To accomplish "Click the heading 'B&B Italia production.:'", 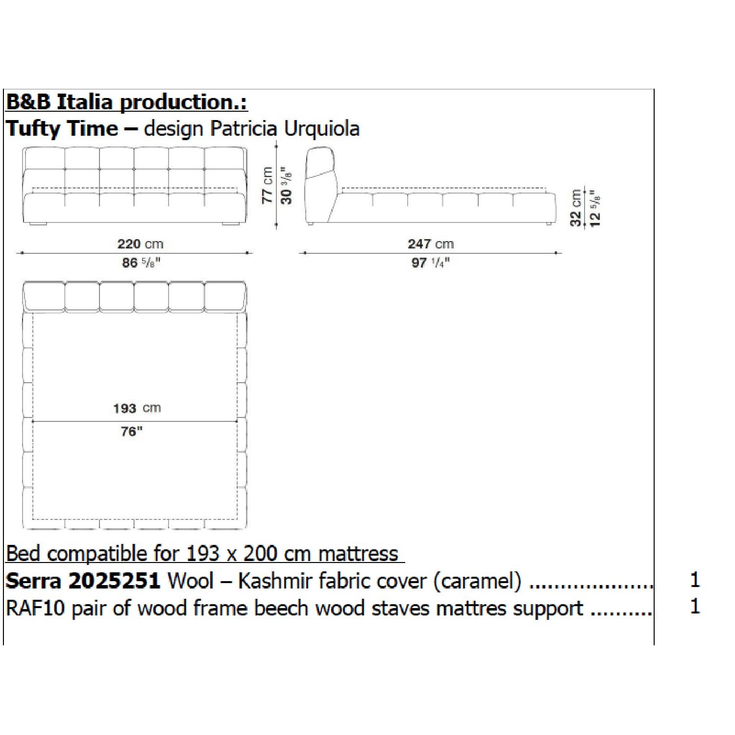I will [126, 102].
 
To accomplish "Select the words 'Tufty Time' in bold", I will [62, 129].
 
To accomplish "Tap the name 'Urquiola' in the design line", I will [322, 129].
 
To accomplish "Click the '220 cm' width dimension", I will [140, 244].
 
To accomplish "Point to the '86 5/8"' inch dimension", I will [141, 263].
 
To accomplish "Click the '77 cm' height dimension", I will [267, 185].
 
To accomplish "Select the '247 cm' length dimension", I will [430, 244].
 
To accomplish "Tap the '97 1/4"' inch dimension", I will [430, 263].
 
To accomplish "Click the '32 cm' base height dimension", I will [576, 208].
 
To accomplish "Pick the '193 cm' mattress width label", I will [137, 408].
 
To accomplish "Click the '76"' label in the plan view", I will [131, 432].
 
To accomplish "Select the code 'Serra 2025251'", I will [83, 581].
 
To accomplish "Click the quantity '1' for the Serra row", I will [694, 580].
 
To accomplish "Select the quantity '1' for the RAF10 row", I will [694, 607].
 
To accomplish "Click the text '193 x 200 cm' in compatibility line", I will [248, 554].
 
